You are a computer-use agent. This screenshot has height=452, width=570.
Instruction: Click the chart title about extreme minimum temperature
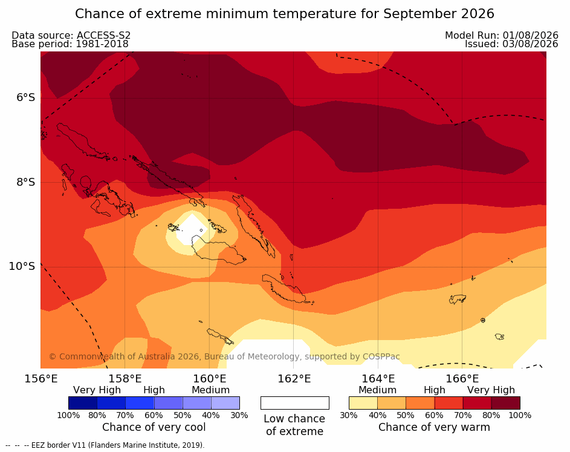tap(284, 14)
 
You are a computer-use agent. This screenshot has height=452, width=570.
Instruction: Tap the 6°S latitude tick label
tap(25, 97)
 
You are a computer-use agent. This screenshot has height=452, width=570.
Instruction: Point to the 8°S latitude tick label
tap(25, 182)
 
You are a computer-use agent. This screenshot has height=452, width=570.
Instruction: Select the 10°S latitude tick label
tap(22, 266)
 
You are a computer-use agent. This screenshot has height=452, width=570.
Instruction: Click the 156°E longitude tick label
tap(40, 379)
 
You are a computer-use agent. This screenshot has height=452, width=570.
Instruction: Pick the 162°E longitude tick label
tap(294, 379)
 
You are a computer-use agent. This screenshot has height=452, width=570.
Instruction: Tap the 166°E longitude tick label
tap(462, 379)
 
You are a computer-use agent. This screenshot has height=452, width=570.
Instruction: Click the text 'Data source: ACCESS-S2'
tap(71, 35)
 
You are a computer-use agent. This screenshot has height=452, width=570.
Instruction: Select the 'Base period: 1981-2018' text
tap(70, 44)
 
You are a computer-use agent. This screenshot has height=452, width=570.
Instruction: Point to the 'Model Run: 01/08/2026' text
tap(502, 35)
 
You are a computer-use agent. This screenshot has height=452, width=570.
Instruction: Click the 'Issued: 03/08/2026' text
tap(511, 44)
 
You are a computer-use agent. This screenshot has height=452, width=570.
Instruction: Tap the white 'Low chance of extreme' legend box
tap(295, 403)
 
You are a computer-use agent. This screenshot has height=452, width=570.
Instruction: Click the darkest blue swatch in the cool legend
tap(83, 403)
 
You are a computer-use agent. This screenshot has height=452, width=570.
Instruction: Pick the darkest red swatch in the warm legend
tap(506, 403)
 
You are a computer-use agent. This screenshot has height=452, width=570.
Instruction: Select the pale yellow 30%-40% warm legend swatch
tap(363, 403)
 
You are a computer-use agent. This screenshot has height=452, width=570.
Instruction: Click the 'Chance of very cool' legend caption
tap(154, 427)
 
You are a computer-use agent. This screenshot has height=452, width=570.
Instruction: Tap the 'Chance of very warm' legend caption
tap(434, 427)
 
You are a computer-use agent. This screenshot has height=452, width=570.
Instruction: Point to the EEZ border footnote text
tap(105, 445)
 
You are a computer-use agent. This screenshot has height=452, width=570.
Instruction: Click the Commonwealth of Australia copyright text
tap(224, 356)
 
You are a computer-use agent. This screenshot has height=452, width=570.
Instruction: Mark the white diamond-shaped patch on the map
tap(192, 229)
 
